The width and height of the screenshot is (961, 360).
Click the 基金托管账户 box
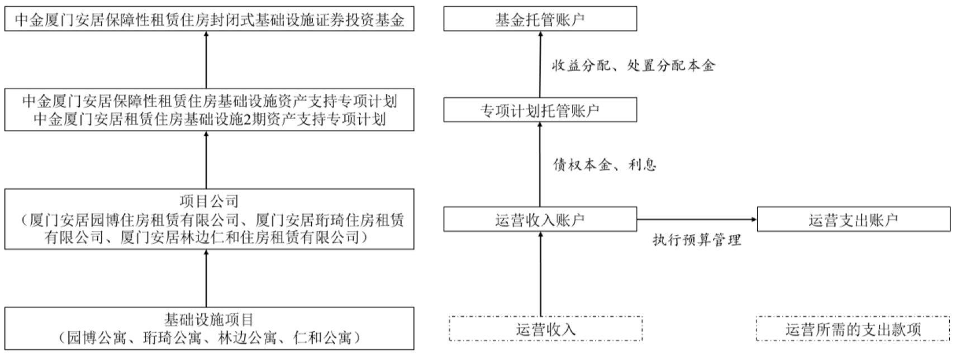pos(540,19)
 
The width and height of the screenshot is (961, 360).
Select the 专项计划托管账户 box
pos(540,110)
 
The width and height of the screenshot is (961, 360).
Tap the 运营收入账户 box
pos(540,219)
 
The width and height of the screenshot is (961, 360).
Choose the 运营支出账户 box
pos(853,219)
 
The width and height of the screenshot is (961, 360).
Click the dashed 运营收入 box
pos(545,329)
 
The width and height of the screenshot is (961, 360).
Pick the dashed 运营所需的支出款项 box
pos(853,329)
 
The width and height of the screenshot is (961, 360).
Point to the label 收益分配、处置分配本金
pos(633,65)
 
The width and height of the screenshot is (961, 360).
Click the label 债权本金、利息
pos(605,164)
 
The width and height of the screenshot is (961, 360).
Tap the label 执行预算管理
pos(697,240)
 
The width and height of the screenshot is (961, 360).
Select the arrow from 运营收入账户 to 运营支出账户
pos(697,219)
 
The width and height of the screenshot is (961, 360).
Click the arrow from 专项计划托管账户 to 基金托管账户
pos(540,64)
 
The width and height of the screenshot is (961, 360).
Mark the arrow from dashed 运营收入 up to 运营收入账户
pos(540,274)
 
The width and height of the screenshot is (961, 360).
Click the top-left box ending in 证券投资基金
pos(209,20)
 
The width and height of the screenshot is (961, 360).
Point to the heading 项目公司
pos(209,201)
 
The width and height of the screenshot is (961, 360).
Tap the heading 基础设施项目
pos(209,320)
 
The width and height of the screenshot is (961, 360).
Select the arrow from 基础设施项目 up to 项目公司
pos(206,278)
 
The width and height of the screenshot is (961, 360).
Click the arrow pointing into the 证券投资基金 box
pos(206,59)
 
